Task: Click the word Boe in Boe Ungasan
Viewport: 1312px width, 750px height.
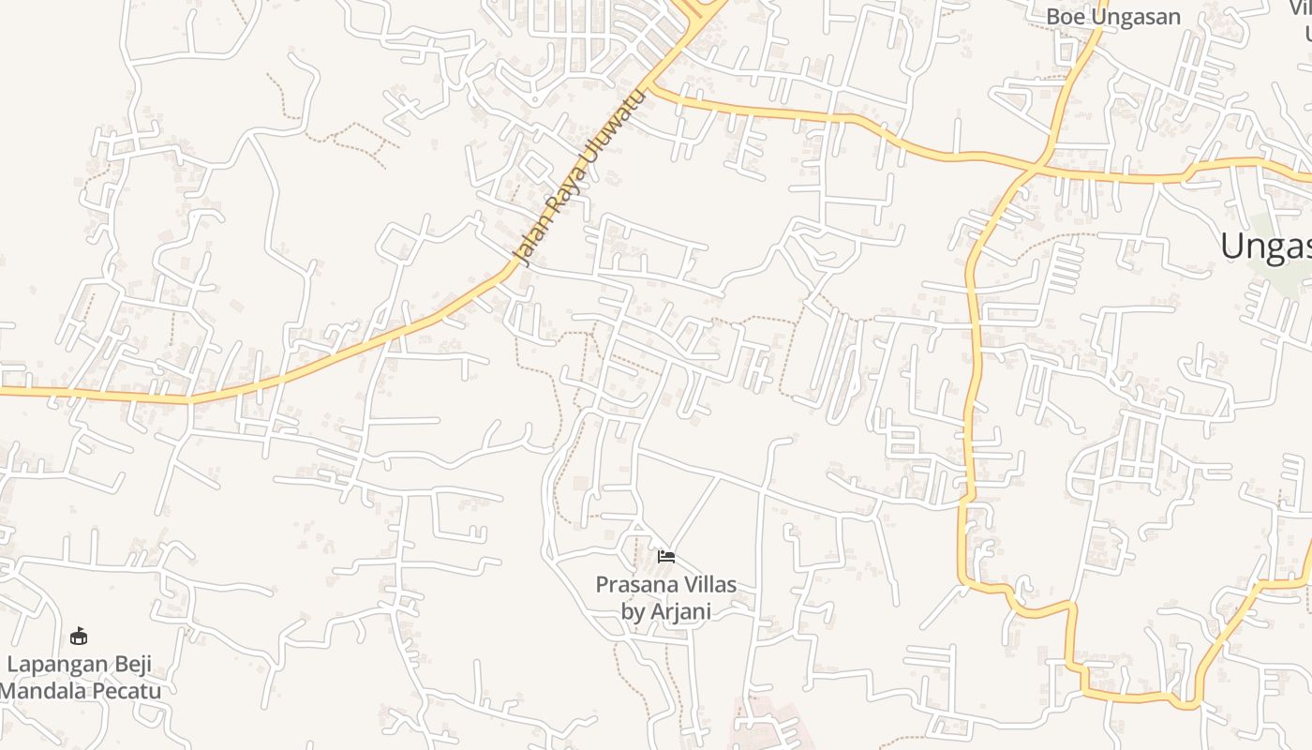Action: click(x=1065, y=17)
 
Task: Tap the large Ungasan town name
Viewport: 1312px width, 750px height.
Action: click(x=1265, y=247)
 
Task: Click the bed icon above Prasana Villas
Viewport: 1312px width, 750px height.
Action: click(x=666, y=556)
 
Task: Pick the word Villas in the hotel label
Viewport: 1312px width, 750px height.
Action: click(x=709, y=585)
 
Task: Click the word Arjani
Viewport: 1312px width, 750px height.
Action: click(x=683, y=612)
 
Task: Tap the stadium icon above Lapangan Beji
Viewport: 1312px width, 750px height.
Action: click(x=79, y=637)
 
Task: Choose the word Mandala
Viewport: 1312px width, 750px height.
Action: click(x=45, y=692)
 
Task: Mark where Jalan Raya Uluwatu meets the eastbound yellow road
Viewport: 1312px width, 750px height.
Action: click(x=652, y=89)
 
